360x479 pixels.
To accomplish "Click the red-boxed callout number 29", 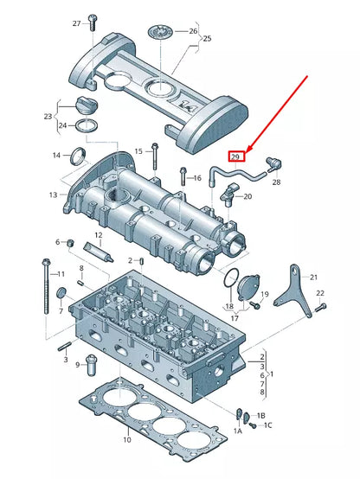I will [235, 156].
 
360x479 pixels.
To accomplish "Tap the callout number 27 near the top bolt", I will [77, 22].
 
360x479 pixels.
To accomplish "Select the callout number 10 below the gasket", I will [126, 440].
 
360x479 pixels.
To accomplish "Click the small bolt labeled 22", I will [319, 307].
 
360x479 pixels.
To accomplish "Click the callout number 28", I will [276, 182].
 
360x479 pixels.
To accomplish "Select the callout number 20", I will [247, 196].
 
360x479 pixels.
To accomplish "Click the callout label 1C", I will [267, 425].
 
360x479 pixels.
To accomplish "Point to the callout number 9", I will [78, 366].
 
